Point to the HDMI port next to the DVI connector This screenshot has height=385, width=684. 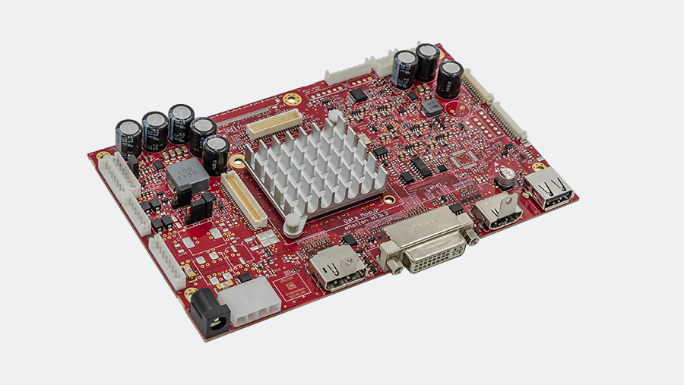coord(496,209)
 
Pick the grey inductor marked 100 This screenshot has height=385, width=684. coord(187,177)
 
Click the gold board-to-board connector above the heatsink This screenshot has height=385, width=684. coord(274,121)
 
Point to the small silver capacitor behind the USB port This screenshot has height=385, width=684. coord(506,181)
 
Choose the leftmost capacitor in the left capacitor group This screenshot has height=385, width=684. coord(128,138)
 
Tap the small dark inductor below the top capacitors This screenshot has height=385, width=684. coord(432,107)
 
